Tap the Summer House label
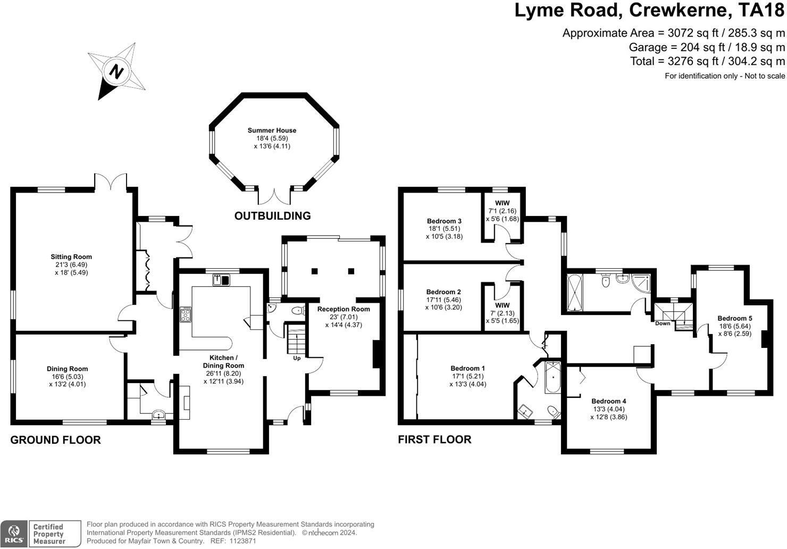coord(272,130)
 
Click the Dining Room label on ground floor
coord(67,369)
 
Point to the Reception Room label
coord(344,309)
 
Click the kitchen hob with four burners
coord(186,315)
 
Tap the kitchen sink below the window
coord(221,280)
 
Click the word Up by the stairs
coord(297,358)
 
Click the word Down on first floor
coord(663,323)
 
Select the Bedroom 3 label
coord(444,221)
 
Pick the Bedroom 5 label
coord(735,319)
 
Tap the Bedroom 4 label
coord(609,401)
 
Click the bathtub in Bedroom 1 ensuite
coord(552,377)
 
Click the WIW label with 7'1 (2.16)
coord(502,203)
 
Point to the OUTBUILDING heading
coord(272,215)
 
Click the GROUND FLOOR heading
coord(55,440)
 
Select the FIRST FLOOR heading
coord(434,439)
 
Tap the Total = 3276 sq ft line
coord(707,61)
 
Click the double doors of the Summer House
coord(274,196)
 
